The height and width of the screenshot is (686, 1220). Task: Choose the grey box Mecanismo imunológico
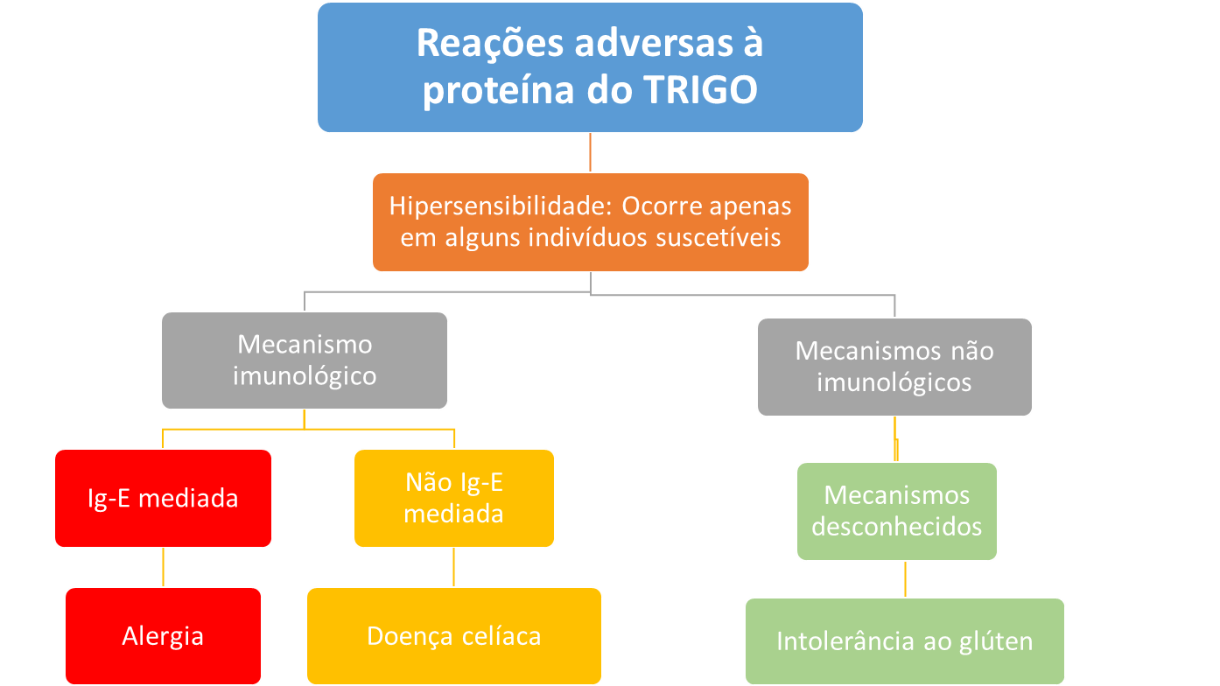tap(304, 360)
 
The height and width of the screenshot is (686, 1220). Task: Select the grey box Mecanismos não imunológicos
tap(894, 366)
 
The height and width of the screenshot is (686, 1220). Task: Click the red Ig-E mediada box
tap(163, 498)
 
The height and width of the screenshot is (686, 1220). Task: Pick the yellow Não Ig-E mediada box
tap(453, 498)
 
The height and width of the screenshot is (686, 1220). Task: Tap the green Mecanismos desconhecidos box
tap(896, 511)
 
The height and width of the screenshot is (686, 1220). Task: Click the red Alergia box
tap(163, 635)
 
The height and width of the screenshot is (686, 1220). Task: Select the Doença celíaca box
tap(453, 635)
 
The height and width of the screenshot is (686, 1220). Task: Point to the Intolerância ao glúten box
tap(904, 640)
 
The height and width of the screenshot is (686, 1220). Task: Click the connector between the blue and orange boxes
tap(591, 152)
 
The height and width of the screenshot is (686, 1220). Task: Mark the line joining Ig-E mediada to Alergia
tap(163, 567)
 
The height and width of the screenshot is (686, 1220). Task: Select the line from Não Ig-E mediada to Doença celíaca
tap(453, 567)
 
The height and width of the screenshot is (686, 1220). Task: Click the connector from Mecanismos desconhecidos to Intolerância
tap(904, 578)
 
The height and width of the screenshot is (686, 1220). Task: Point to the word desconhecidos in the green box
tap(896, 527)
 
